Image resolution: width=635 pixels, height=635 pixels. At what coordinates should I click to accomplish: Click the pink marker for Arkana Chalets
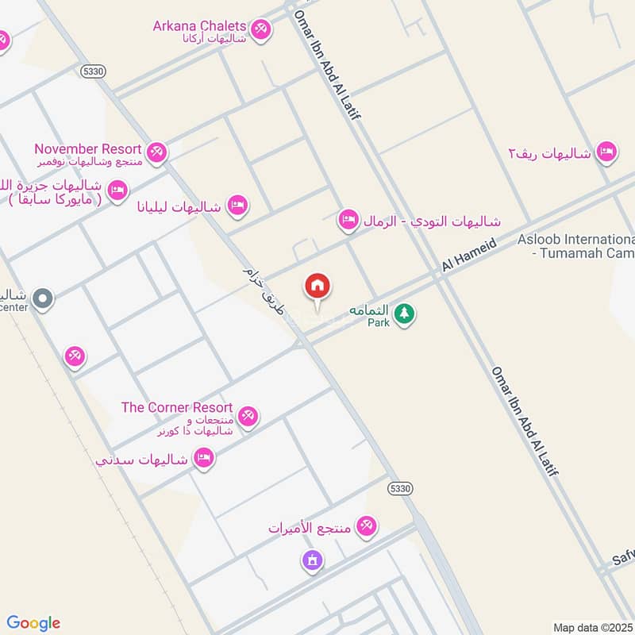pos(260,30)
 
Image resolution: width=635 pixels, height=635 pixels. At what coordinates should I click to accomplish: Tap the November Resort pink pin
pos(156,152)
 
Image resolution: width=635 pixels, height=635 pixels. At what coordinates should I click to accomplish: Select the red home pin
pos(317,287)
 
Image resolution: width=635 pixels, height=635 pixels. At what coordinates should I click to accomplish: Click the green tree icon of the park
pos(405,314)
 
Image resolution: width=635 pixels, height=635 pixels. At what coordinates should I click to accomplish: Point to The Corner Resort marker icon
pos(248,417)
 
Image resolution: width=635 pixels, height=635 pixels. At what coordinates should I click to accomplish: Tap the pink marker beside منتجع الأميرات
pos(366,525)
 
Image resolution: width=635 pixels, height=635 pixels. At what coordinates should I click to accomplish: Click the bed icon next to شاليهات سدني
pos(204,459)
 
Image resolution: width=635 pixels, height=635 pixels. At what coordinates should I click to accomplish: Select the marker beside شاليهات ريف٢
pos(606,152)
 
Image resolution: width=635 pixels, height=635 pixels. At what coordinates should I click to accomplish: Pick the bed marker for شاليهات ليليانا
pos(237,206)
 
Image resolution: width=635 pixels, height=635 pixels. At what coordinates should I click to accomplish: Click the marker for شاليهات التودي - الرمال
pos(348,220)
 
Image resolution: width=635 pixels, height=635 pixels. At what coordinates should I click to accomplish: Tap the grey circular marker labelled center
pos(44,299)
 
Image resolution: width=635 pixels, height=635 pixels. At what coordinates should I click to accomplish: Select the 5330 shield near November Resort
pos(93,71)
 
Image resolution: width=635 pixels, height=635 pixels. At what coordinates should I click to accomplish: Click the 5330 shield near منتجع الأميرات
pos(399,488)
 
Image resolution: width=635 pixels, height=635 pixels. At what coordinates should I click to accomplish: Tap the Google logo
pos(33,623)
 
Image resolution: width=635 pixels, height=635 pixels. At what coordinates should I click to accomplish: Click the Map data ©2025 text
pos(593,627)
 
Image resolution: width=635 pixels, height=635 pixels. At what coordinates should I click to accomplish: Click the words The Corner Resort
pos(176,407)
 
